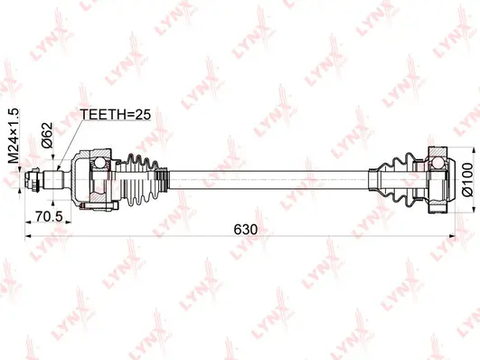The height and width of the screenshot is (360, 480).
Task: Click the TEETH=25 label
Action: [115, 115]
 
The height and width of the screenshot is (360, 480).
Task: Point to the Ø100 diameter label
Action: [467, 180]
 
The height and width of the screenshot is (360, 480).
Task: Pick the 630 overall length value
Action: [246, 230]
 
